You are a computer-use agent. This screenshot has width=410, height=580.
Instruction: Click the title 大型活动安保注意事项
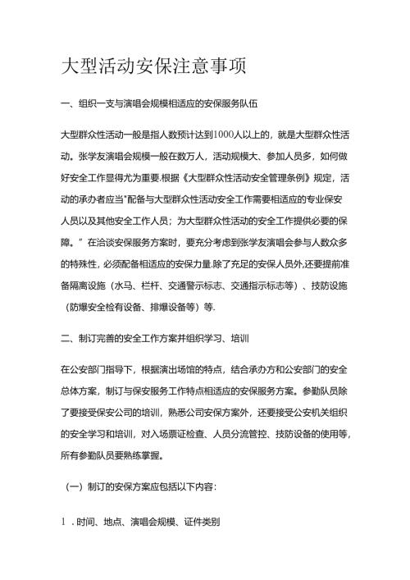pos(153,66)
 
